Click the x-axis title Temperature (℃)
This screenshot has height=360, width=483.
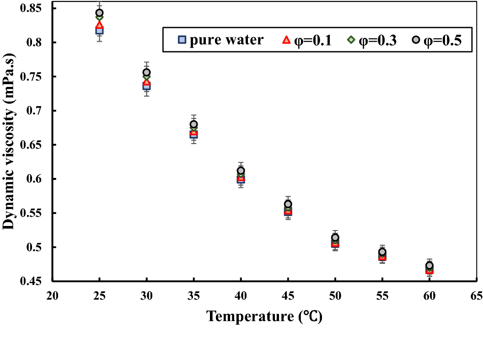tap(264, 316)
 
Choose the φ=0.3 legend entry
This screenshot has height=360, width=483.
tap(371, 40)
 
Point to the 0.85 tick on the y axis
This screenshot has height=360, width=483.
tap(31, 8)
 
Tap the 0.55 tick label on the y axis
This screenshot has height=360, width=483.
tap(31, 213)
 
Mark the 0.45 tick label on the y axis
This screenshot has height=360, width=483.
tap(31, 281)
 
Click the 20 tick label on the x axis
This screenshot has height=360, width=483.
tap(52, 296)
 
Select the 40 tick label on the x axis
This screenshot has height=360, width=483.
tap(241, 296)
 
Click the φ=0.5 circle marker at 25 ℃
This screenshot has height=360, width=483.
tap(99, 13)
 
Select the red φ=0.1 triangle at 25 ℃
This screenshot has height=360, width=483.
tap(99, 25)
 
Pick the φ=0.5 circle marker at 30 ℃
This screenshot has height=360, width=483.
tap(146, 72)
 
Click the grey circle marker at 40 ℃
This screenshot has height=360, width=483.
tap(241, 171)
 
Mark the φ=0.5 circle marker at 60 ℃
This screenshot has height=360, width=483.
tap(429, 266)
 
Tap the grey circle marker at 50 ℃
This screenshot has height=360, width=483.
tap(335, 237)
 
